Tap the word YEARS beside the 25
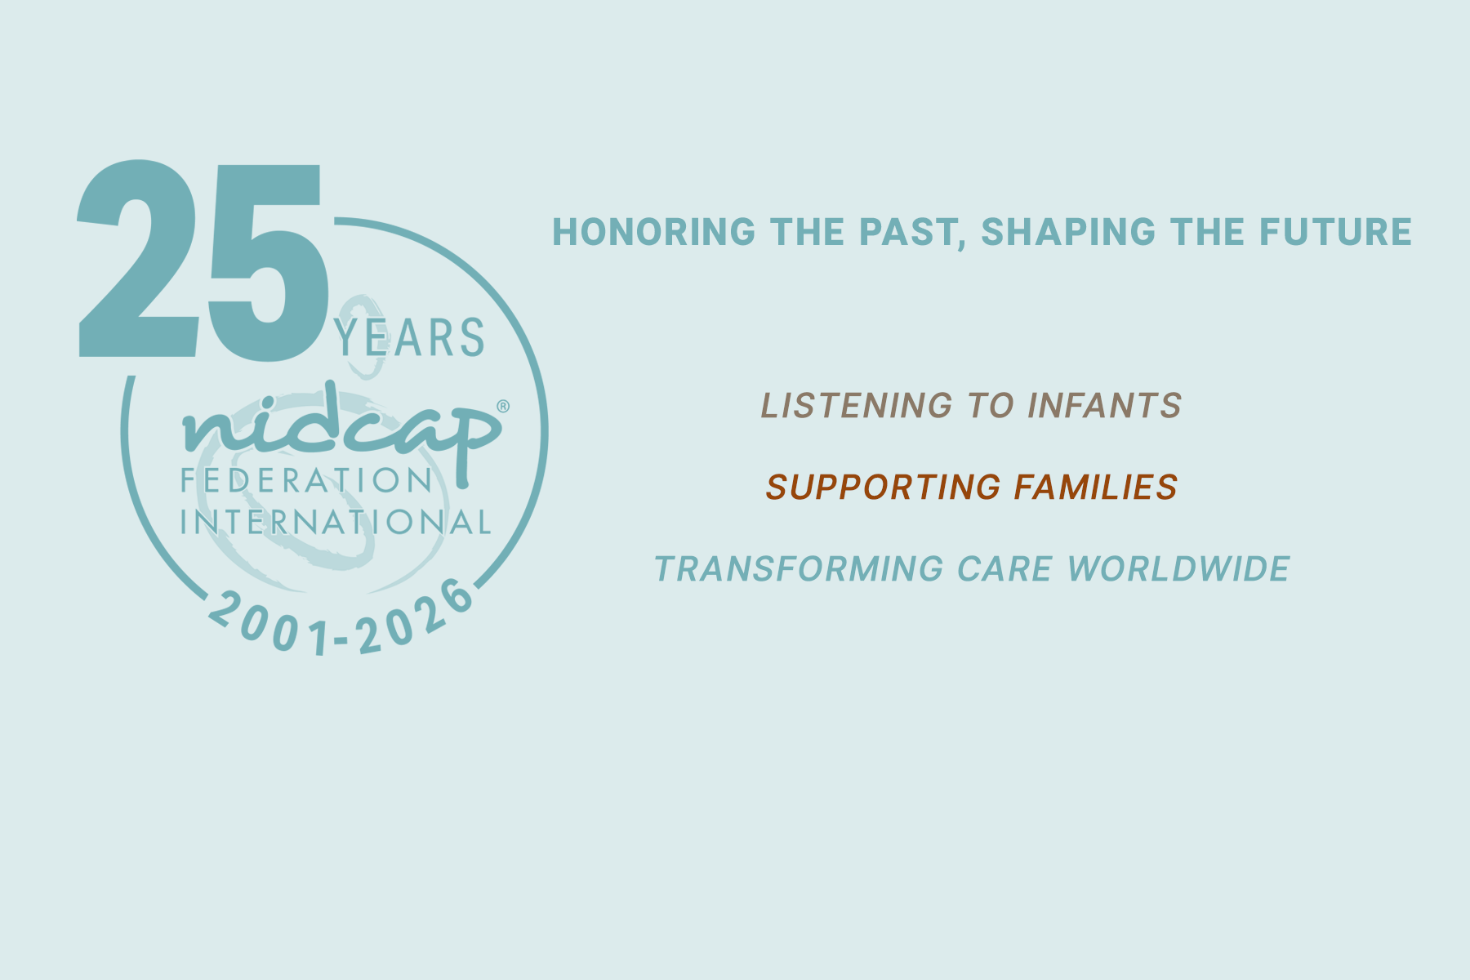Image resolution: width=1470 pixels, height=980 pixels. coord(409,338)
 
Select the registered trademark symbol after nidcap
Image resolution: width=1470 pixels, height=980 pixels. coord(503,406)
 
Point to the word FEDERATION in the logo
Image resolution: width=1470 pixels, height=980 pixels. coord(306,481)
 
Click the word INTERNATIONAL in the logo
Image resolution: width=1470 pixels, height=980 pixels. coord(336,522)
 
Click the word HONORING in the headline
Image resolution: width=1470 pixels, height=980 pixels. coord(654,232)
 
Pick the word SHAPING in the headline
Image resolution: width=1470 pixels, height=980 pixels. coord(1068,232)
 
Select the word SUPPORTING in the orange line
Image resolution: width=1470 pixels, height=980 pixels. coord(884,488)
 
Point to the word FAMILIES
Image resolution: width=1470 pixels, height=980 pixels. coord(1096,488)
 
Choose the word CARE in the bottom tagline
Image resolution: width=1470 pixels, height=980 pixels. coord(1004,569)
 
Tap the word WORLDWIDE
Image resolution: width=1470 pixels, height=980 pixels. coord(1178,569)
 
